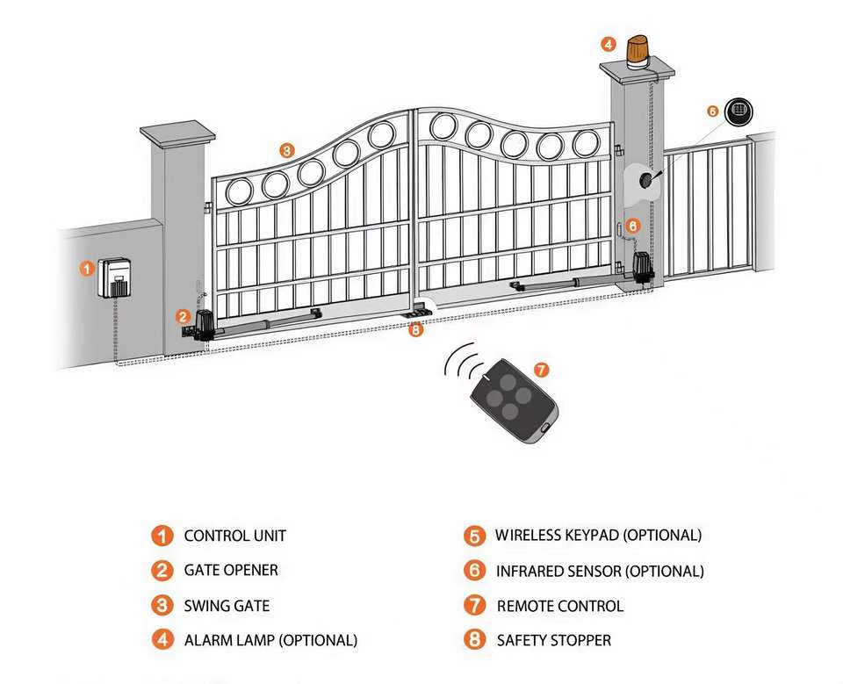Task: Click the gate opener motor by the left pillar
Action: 205,325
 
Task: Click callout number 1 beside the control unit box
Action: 87,269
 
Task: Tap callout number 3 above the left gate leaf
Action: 286,150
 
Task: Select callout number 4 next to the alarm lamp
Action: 609,44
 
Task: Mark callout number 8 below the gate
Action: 416,330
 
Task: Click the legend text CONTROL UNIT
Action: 234,536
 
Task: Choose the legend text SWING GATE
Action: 227,606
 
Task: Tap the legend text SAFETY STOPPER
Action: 553,640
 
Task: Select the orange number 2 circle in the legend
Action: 162,571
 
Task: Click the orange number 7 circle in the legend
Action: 474,605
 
